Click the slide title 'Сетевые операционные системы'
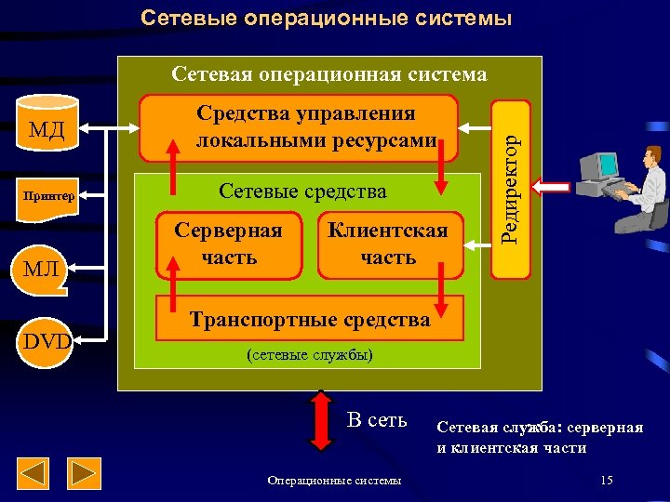(326, 18)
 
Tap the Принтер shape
(47, 196)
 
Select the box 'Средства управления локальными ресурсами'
(299, 127)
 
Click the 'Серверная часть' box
(229, 244)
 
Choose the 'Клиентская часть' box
(386, 244)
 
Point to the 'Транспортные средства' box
(310, 320)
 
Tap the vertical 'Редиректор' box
(510, 189)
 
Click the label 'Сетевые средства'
(302, 192)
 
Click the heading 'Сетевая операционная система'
(329, 74)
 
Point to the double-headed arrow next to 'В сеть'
(320, 421)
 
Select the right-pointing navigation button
(86, 474)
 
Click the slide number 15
(607, 480)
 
